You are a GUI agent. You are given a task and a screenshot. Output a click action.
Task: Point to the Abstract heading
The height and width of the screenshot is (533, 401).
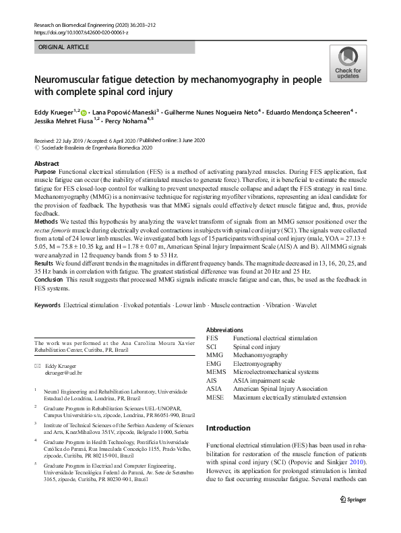click(47, 164)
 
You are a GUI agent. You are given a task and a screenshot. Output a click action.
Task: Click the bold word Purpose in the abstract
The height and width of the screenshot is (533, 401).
click(47, 173)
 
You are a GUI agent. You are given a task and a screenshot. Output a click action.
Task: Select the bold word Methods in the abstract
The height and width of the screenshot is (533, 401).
click(47, 221)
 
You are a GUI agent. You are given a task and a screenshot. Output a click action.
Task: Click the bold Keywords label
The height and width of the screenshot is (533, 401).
click(47, 305)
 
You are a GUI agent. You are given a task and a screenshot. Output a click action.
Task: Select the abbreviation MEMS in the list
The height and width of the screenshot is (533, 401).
click(216, 371)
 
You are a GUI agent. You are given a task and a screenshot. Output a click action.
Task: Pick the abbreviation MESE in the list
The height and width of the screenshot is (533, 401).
click(215, 397)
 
